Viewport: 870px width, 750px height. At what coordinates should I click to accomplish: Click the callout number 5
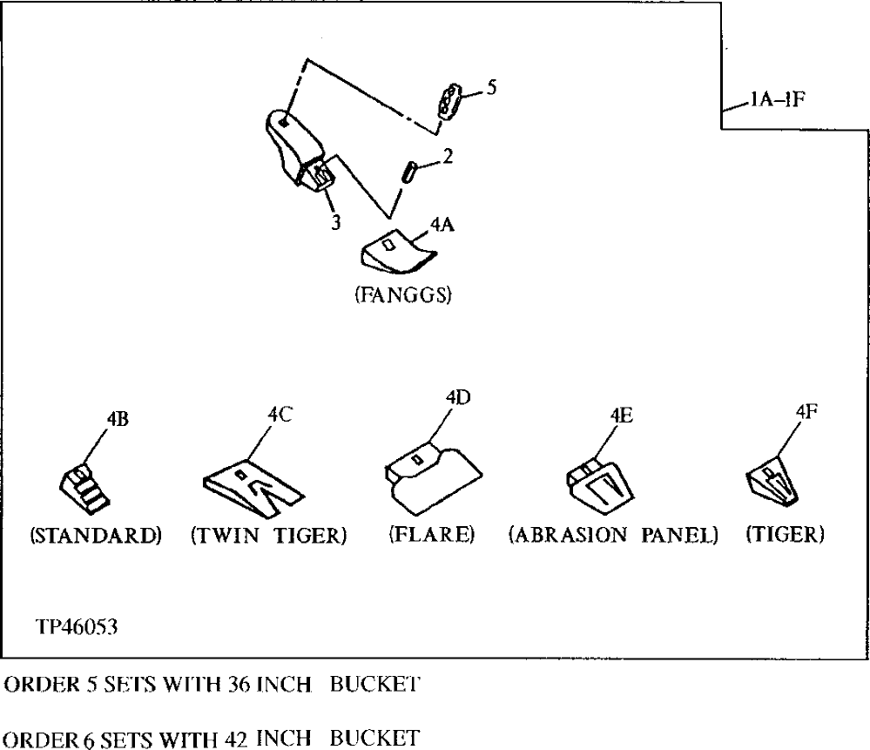[x=491, y=88]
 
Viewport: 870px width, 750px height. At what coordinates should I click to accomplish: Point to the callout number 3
[x=334, y=221]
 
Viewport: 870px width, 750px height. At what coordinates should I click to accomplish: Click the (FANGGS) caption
[x=401, y=295]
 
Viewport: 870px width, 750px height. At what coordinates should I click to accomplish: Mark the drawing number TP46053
[x=77, y=626]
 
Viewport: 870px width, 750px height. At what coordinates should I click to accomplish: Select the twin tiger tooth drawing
[x=253, y=484]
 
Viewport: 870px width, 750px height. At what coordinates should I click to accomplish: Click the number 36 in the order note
[x=219, y=685]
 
